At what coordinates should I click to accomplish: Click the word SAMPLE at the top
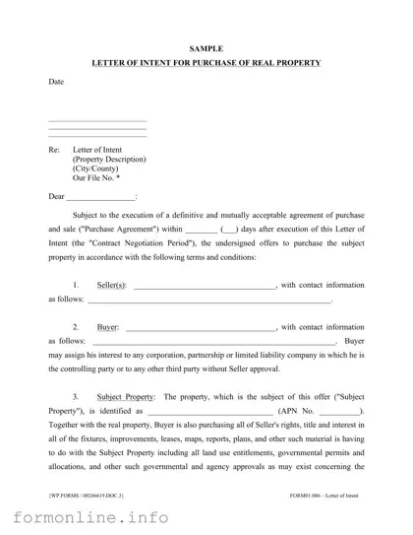pos(206,47)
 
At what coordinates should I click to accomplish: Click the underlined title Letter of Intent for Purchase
pos(206,63)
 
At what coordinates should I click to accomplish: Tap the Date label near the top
pos(56,82)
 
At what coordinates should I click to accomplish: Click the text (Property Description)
pos(109,160)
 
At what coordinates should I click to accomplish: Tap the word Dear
pos(57,196)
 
